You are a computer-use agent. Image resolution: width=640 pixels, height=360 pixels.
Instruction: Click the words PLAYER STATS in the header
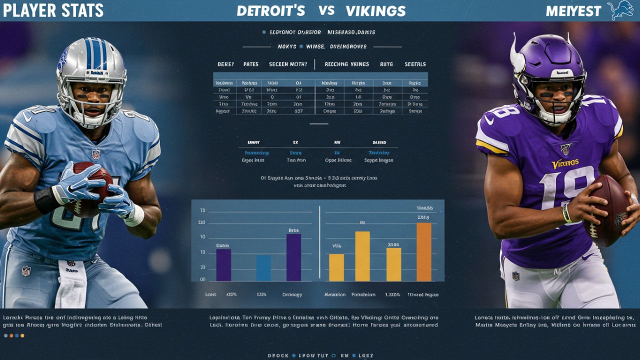[52, 10]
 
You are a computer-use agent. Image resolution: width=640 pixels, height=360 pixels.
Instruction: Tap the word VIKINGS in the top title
[375, 11]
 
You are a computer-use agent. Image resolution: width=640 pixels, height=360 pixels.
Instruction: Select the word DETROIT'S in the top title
[270, 11]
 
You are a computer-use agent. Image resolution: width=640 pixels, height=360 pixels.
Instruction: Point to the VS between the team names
[326, 10]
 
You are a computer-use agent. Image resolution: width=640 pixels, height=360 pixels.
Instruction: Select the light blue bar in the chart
[263, 268]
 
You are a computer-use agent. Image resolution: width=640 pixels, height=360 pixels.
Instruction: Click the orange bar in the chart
[423, 251]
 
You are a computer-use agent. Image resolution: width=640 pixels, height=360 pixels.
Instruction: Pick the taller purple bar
[293, 257]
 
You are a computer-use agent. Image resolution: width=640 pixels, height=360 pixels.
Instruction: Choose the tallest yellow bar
[362, 256]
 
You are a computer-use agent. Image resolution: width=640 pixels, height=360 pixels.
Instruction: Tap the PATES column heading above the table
[251, 64]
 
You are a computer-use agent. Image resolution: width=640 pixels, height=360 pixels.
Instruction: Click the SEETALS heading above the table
[415, 64]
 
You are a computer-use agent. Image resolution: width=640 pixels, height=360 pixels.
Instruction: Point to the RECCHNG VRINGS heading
[346, 64]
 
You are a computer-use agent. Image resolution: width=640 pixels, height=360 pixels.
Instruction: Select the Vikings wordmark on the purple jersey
[565, 163]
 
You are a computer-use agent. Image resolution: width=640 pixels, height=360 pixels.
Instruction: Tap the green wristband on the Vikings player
[567, 213]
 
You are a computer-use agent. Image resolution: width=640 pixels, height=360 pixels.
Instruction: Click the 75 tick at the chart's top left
[202, 210]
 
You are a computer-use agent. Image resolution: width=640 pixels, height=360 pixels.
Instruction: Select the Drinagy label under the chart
[292, 294]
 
